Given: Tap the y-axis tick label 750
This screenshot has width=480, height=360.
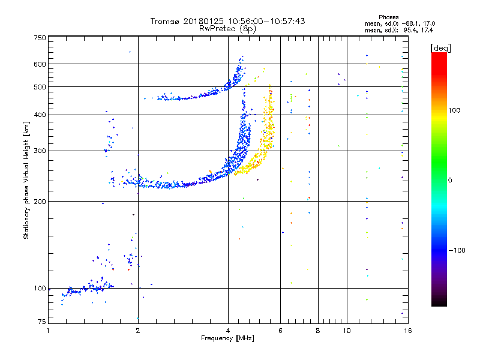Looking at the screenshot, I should click(40, 38).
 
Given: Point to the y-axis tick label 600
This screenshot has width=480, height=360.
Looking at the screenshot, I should click(40, 64).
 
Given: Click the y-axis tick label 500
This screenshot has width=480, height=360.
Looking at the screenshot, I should click(40, 87).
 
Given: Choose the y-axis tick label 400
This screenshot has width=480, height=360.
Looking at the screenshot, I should click(40, 115).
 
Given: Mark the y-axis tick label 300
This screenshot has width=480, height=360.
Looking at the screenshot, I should click(40, 151).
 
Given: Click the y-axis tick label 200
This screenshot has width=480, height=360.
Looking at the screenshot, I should click(40, 201).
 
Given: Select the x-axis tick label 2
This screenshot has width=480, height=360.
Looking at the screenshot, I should click(138, 331).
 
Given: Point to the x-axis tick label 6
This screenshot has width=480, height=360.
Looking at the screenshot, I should click(281, 331).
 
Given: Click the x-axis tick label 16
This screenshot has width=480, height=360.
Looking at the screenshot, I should click(407, 331).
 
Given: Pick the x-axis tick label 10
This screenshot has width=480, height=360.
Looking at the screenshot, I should click(346, 331).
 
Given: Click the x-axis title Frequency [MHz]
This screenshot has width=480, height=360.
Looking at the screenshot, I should click(228, 339).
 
